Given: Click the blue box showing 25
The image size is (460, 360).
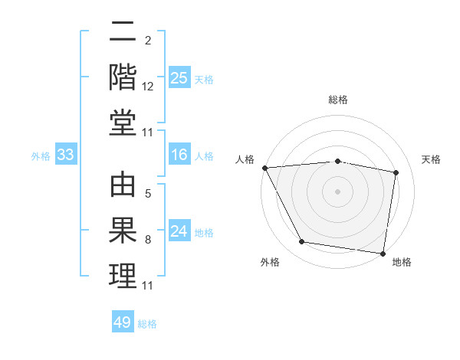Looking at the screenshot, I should tap(179, 77).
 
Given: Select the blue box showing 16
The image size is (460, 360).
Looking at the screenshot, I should tap(179, 155).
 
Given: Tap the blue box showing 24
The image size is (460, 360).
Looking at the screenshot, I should tap(179, 231).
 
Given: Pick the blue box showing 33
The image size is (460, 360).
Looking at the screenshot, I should tap(66, 155).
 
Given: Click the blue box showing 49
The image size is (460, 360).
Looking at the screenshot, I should tap(123, 322).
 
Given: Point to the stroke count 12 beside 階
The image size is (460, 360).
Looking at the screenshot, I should tap(148, 87).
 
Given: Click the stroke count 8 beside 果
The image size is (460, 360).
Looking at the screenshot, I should tap(148, 240).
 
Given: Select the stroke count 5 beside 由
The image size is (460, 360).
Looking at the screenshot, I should tap(148, 194).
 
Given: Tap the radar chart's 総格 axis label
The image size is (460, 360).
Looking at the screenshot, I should tap(338, 100).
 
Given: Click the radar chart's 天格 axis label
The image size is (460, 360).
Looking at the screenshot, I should tap(431, 159).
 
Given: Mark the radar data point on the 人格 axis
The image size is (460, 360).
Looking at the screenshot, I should tap(264, 168).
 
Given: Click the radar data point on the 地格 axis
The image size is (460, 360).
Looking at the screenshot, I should tap(383, 253).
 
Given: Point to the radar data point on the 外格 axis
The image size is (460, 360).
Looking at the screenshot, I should tap(302, 242).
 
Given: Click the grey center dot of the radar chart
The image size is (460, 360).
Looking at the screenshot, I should tap(338, 191).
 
